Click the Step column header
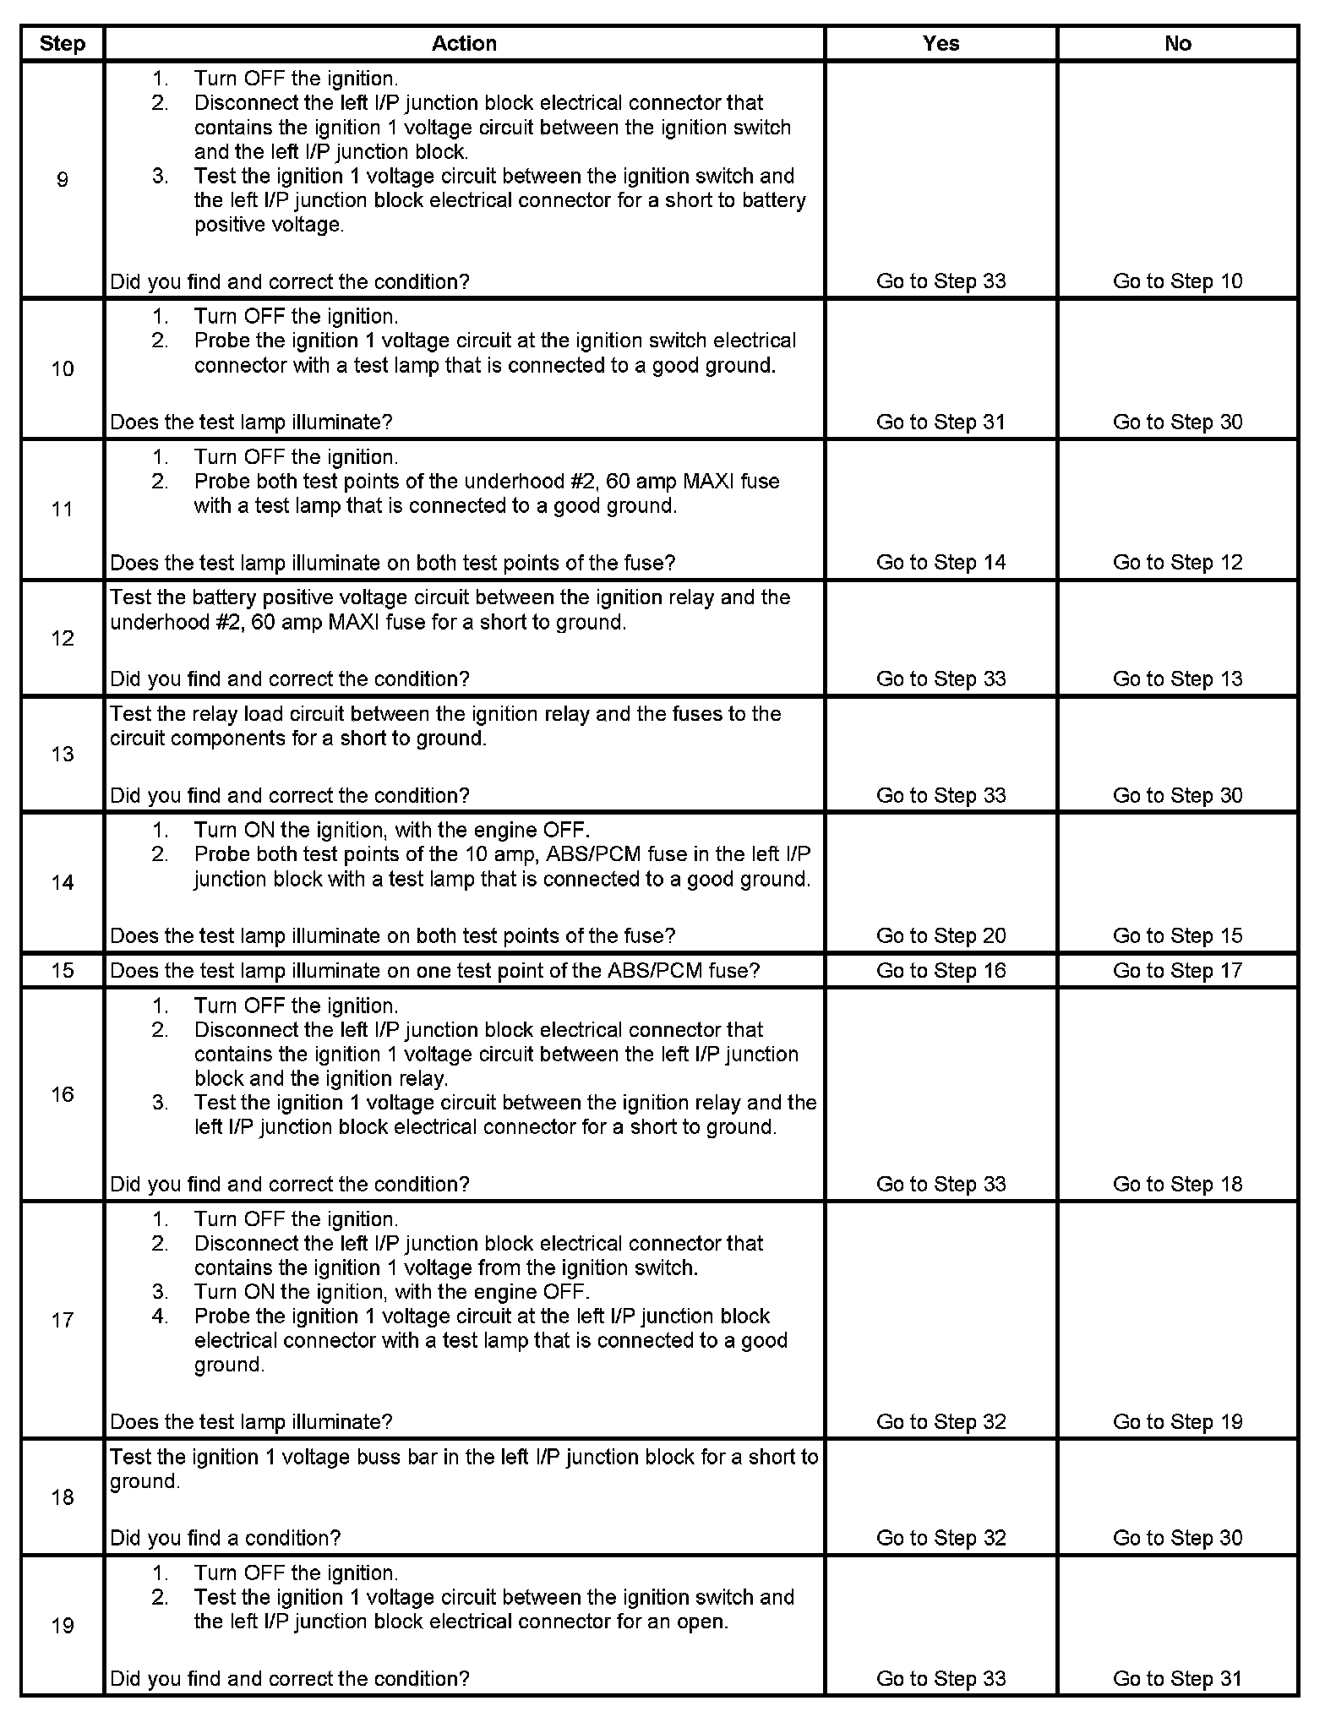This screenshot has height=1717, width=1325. tap(63, 44)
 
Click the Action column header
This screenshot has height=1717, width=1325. tap(464, 44)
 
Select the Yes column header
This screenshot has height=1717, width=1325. tap(941, 44)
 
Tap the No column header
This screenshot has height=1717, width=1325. tap(1177, 44)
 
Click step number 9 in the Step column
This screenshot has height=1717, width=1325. tap(63, 179)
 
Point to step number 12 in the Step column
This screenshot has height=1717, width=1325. tap(63, 638)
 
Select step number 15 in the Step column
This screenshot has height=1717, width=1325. tap(63, 970)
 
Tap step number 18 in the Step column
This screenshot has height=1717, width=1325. tap(63, 1497)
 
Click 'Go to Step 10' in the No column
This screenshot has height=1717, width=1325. tap(1177, 281)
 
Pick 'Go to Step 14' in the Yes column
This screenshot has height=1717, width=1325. tap(941, 563)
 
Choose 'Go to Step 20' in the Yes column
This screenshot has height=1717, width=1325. tap(941, 935)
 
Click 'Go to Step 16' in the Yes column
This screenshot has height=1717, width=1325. tap(941, 970)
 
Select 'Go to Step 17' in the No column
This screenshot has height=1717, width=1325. tap(1177, 970)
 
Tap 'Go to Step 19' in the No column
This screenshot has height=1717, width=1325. tap(1177, 1422)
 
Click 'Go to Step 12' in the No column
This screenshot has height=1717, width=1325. tap(1177, 563)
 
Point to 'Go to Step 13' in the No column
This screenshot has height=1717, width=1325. tap(1177, 679)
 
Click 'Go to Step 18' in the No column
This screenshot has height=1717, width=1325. tap(1177, 1184)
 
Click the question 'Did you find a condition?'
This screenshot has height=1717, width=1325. tap(226, 1538)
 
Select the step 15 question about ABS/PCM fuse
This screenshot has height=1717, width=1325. tap(435, 970)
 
